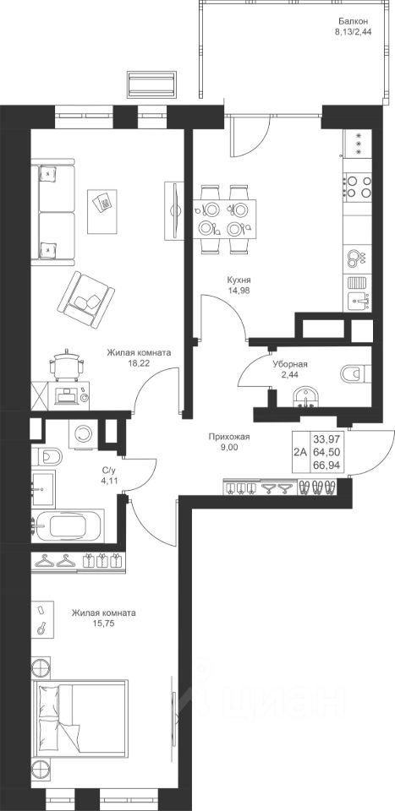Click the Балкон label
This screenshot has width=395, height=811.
[354, 22]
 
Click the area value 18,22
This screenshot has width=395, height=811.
[139, 363]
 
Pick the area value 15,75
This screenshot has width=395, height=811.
[104, 623]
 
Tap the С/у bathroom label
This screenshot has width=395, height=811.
[107, 471]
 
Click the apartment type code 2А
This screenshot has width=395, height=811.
[299, 452]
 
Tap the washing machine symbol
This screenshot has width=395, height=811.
[83, 433]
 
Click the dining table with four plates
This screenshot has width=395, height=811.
[224, 219]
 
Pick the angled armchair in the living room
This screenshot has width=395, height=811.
[86, 299]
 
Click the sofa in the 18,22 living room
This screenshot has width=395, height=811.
[52, 212]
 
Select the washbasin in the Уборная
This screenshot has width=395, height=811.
[306, 399]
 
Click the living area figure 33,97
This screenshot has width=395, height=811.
[324, 439]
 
